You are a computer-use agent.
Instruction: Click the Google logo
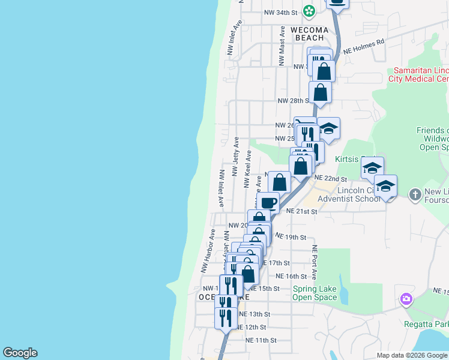(20, 353)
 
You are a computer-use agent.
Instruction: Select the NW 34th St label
(282, 12)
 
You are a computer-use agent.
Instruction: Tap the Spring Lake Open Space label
(315, 293)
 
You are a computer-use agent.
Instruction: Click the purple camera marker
(407, 299)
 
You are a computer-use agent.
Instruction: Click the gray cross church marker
(414, 194)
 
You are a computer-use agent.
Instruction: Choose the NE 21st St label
(301, 211)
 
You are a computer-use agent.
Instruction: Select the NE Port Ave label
(314, 262)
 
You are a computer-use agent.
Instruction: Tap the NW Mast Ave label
(282, 46)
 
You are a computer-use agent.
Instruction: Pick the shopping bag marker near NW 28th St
(321, 93)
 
